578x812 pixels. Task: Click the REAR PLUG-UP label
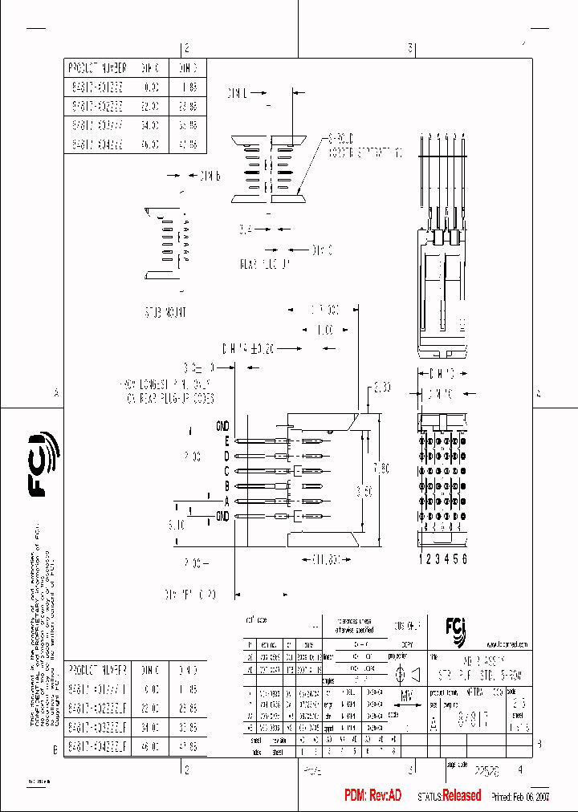tap(264, 263)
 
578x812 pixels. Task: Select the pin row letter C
tap(227, 471)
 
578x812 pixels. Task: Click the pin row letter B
tap(227, 486)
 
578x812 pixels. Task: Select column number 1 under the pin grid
tap(421, 558)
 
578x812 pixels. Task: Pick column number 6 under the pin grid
tap(464, 558)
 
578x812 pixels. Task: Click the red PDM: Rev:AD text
tap(372, 795)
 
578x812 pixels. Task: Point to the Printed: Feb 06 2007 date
tap(520, 796)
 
